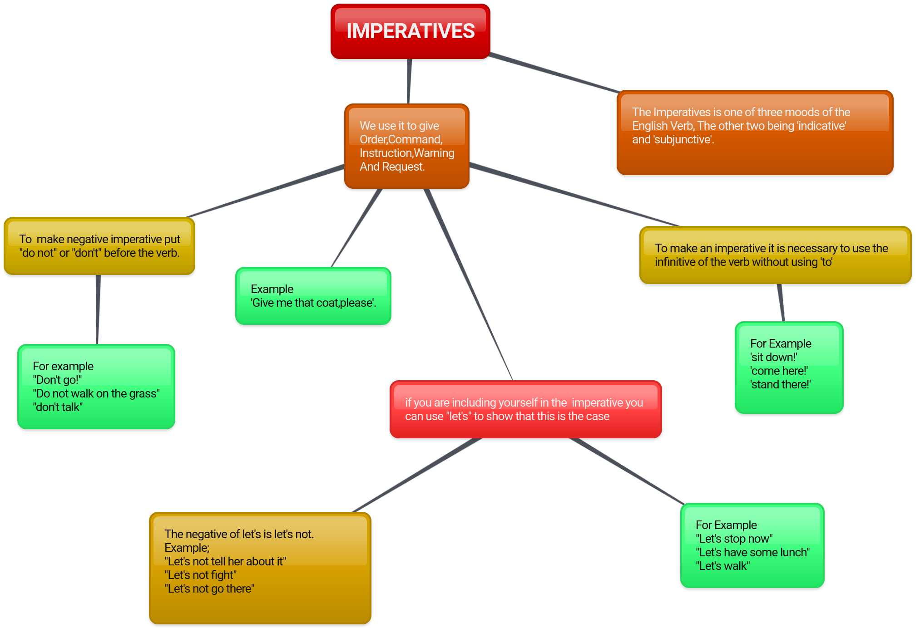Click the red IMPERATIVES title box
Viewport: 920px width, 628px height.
coord(410,31)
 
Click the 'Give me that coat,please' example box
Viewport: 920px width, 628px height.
coord(313,296)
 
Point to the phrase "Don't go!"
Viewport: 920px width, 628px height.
coord(57,380)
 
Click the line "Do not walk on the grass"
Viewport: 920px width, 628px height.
coord(96,393)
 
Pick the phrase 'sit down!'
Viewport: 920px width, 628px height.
coord(773,357)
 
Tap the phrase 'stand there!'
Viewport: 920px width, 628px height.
coord(780,384)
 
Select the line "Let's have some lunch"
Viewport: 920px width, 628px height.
coord(752,552)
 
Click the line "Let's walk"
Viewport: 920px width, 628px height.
coord(722,566)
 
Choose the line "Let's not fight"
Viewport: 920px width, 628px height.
coord(200,575)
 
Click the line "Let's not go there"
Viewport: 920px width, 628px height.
coord(209,589)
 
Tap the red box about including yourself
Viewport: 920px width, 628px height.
coord(525,409)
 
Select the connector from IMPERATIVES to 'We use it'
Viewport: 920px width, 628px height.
coord(409,82)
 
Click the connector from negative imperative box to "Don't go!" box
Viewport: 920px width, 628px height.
coord(98,309)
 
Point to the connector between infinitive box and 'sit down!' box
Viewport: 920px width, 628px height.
coord(781,303)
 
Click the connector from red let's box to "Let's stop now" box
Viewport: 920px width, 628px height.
coord(627,471)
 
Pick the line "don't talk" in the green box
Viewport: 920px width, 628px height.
coord(57,407)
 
